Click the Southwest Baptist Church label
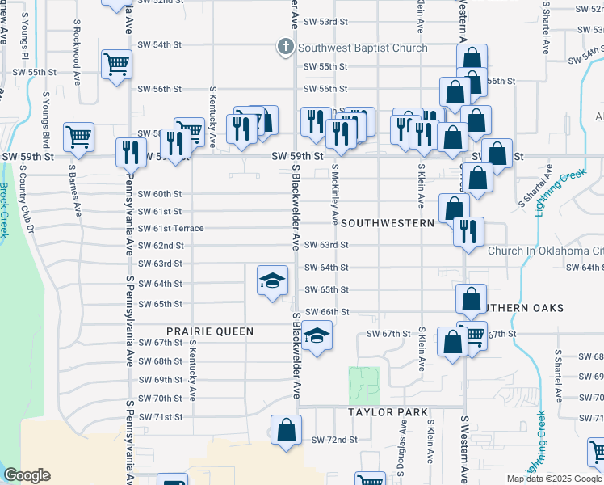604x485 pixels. tap(363, 48)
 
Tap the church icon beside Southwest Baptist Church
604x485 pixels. tap(284, 48)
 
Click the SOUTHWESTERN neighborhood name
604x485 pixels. tap(382, 221)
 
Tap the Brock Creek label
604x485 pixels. tap(4, 209)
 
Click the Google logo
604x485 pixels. tap(27, 475)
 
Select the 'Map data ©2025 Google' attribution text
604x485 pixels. tap(554, 479)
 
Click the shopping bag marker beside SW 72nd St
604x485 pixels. tap(286, 431)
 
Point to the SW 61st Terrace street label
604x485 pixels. tap(170, 229)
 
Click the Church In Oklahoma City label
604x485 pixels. tap(546, 251)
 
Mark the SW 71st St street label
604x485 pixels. tap(160, 417)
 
